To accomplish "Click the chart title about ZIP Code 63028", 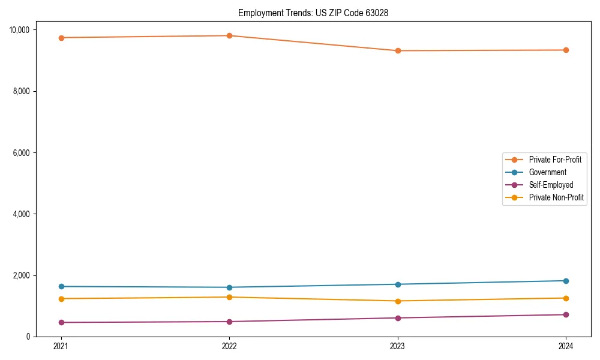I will [x=313, y=13].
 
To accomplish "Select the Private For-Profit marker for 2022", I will [x=229, y=35].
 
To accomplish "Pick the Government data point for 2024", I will [x=566, y=281].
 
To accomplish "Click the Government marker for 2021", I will [x=61, y=286].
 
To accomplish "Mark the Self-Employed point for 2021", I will [x=61, y=322].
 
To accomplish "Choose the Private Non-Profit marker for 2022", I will [x=229, y=297].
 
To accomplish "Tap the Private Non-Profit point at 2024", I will [x=566, y=298].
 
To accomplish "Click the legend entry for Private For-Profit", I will [x=555, y=160].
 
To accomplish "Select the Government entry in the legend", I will [x=547, y=172].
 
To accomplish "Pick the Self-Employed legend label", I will [x=551, y=185].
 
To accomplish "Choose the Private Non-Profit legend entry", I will [x=556, y=197].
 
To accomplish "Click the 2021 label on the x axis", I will [x=61, y=346].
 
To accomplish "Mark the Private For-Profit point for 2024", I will [x=566, y=50].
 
